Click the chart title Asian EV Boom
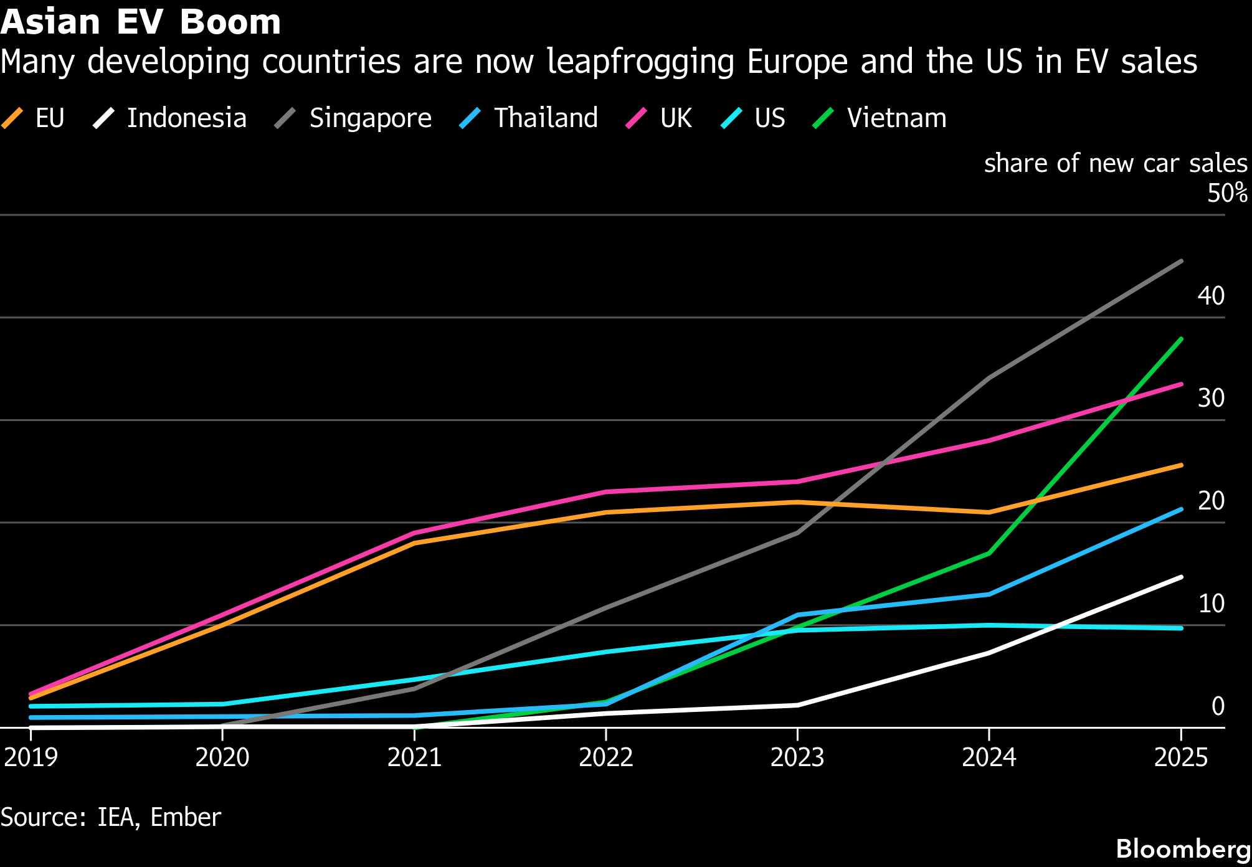pyautogui.click(x=141, y=22)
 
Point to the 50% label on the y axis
pyautogui.click(x=1227, y=193)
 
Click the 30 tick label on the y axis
pyautogui.click(x=1211, y=398)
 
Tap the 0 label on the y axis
pyautogui.click(x=1218, y=706)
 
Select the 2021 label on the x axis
pyautogui.click(x=414, y=757)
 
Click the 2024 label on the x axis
pyautogui.click(x=989, y=757)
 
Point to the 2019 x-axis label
pyautogui.click(x=31, y=757)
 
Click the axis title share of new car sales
pyautogui.click(x=1115, y=163)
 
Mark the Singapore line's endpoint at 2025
pyautogui.click(x=1181, y=262)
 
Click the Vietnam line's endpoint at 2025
pyautogui.click(x=1181, y=339)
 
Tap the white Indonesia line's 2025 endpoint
pyautogui.click(x=1181, y=577)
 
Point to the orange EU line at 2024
pyautogui.click(x=989, y=512)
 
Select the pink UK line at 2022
pyautogui.click(x=606, y=492)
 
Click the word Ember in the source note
pyautogui.click(x=186, y=817)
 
